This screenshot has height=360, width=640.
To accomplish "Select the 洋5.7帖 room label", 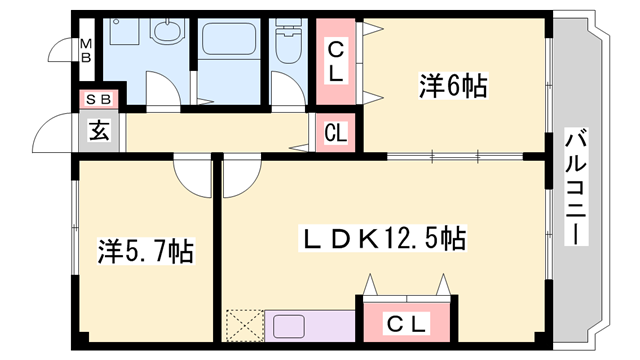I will (145, 250).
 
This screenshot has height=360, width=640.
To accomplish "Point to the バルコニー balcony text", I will (577, 190).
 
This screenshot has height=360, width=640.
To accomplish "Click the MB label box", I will (86, 50).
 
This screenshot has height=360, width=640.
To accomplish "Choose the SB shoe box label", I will (99, 98).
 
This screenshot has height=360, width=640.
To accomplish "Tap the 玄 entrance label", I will (100, 129).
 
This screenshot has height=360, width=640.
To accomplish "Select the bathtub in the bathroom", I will (231, 41).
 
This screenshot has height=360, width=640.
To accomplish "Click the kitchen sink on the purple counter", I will (290, 326).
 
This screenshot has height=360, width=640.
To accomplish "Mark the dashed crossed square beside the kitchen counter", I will (242, 326).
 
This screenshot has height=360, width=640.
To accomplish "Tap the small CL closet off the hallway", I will (336, 131).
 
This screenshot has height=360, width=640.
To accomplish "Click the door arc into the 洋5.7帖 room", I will (190, 172).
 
